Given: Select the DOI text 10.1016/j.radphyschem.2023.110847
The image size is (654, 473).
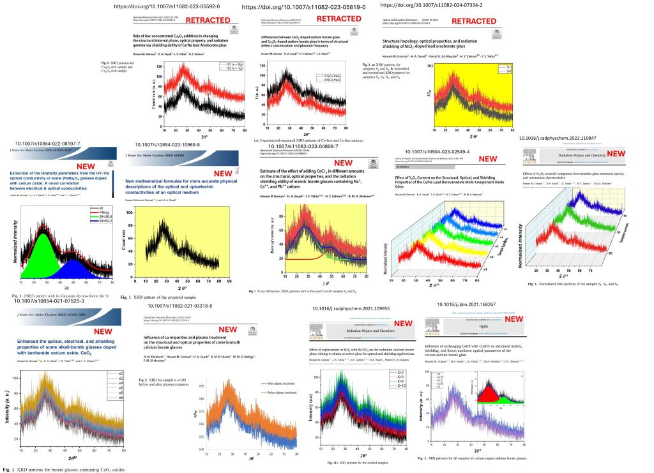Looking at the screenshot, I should tap(557, 138).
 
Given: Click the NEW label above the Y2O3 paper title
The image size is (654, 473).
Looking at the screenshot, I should tap(488, 160).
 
